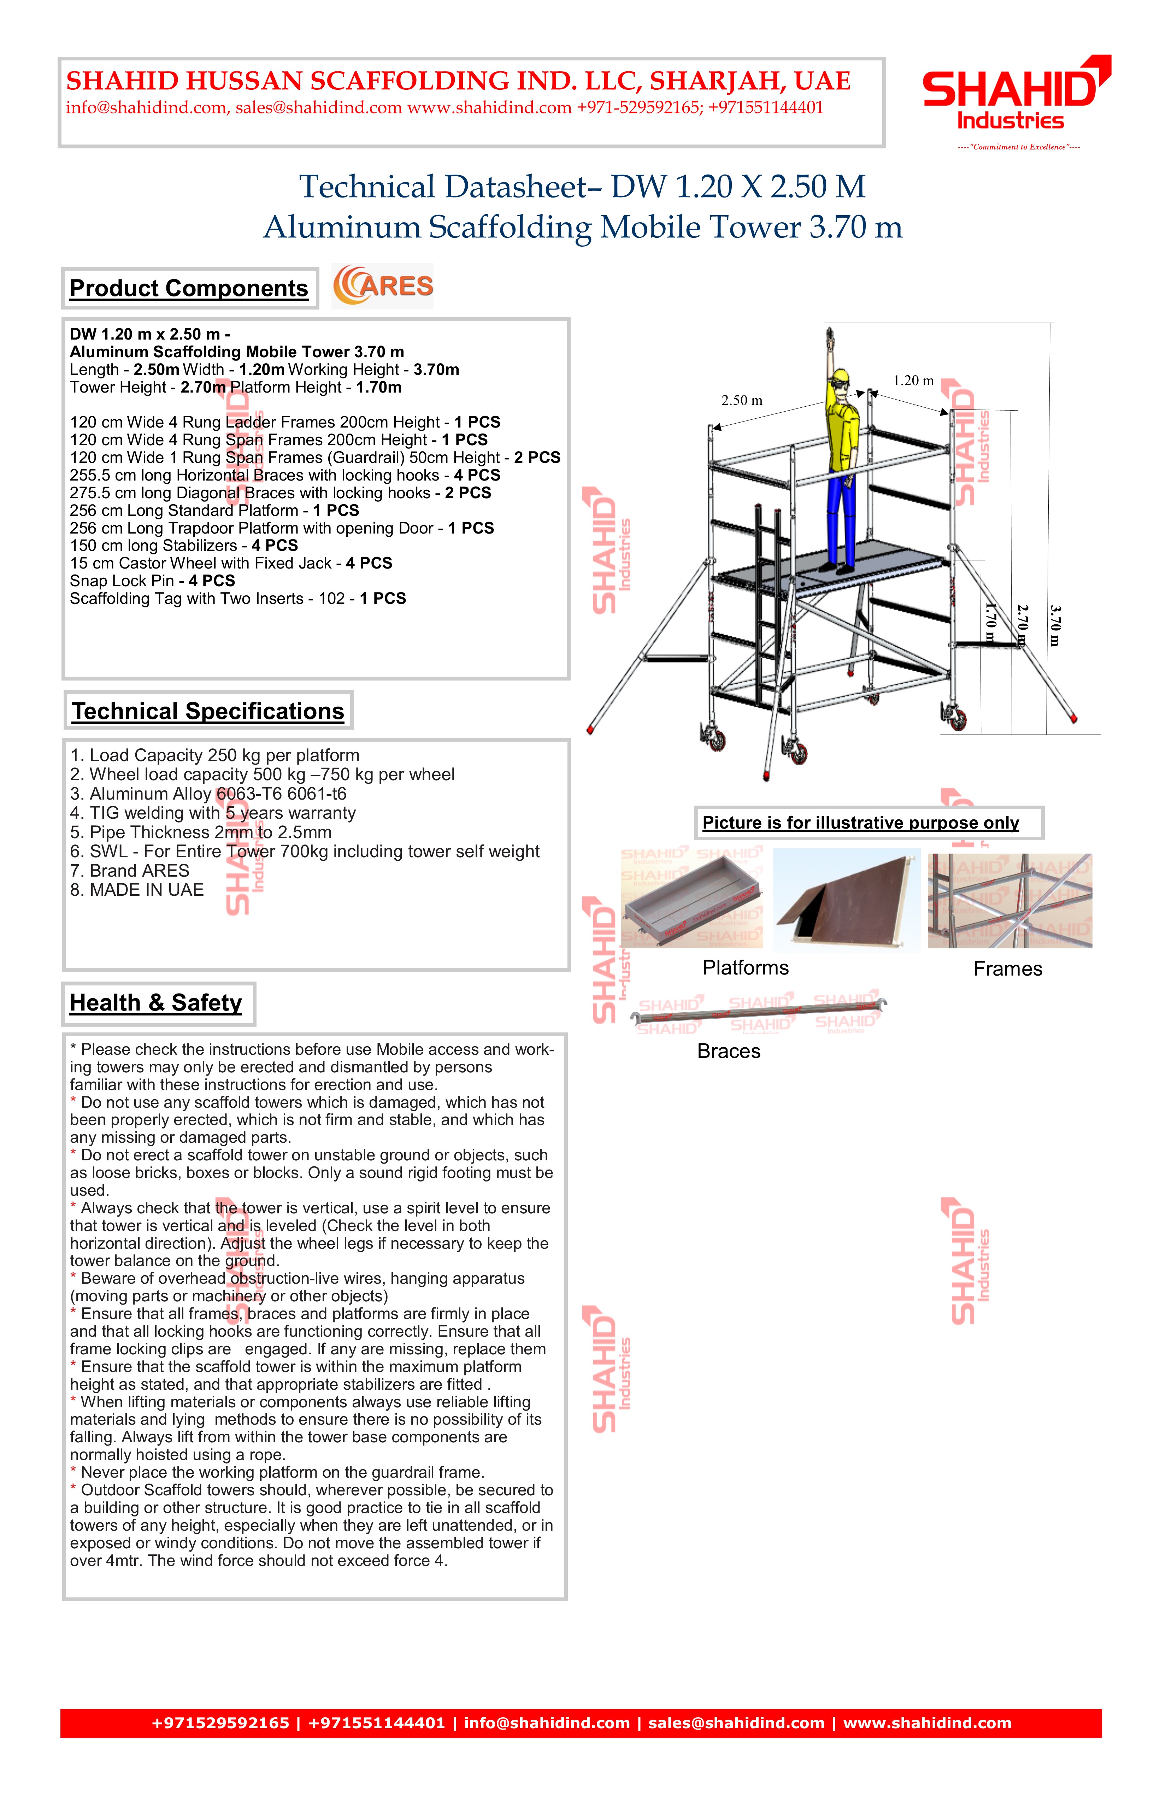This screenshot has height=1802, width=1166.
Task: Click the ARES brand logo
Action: click(383, 286)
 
